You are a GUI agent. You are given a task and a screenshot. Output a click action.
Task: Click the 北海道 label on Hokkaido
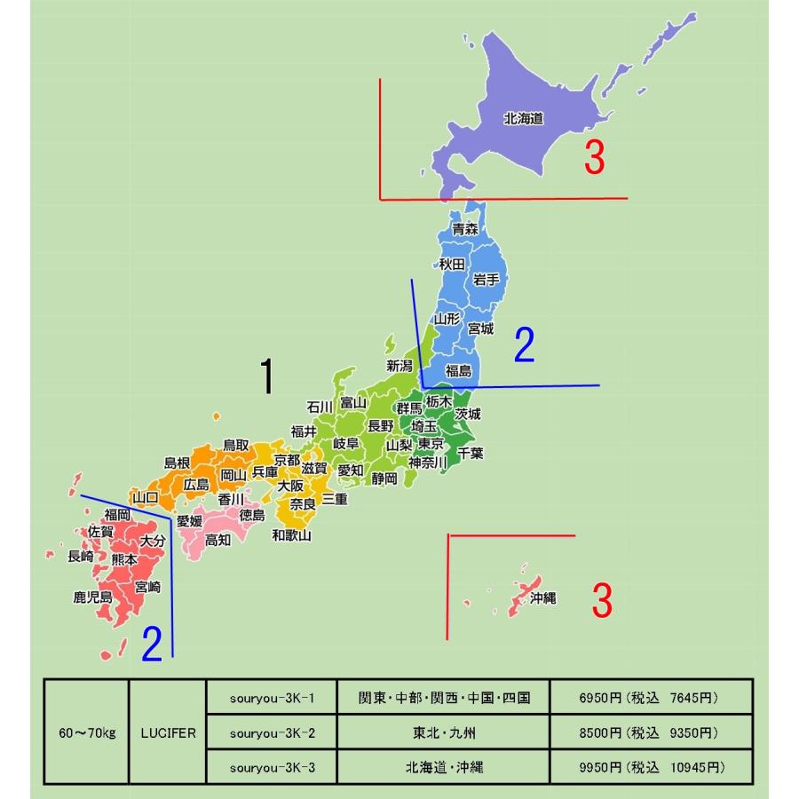tap(523, 118)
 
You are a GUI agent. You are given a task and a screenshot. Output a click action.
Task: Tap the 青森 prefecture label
tap(465, 229)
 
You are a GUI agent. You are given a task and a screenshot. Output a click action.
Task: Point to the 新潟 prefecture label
tap(400, 366)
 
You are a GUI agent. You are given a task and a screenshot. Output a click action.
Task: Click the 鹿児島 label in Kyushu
tap(92, 597)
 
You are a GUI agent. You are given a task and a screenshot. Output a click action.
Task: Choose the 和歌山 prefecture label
tap(291, 534)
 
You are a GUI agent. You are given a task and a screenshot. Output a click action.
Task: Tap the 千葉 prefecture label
tap(470, 453)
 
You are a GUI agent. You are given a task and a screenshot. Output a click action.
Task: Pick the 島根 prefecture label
tap(178, 463)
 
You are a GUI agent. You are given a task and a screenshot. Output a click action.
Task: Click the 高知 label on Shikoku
tap(218, 539)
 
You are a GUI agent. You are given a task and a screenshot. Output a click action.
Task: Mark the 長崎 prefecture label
tap(81, 557)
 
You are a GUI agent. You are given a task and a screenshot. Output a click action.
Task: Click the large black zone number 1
tap(265, 376)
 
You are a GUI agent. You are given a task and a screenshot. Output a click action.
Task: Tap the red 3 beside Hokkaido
tap(594, 158)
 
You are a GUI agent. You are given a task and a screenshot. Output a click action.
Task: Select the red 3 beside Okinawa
tap(601, 602)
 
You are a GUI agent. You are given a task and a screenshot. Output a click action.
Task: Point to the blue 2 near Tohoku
tap(524, 345)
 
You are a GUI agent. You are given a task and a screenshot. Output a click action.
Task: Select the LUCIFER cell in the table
tap(168, 733)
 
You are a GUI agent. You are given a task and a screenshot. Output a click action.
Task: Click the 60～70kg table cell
tap(87, 733)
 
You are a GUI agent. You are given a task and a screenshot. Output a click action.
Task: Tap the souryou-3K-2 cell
tap(272, 733)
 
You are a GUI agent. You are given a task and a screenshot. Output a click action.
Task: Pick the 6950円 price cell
tap(652, 698)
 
